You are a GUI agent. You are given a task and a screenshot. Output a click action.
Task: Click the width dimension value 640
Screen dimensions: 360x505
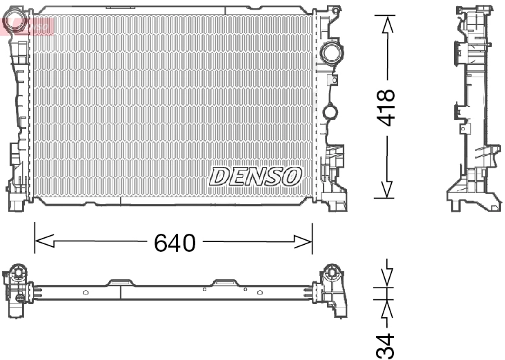pyautogui.click(x=175, y=242)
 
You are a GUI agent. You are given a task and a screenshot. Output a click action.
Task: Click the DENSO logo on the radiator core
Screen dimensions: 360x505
pyautogui.click(x=255, y=176)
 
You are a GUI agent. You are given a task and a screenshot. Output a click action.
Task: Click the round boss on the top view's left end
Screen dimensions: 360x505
pyautogui.click(x=19, y=272)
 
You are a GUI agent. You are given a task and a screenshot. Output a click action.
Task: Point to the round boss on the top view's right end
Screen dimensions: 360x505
pyautogui.click(x=332, y=271)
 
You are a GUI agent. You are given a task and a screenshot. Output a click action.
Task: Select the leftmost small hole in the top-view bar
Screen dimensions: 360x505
pyautogui.click(x=86, y=292)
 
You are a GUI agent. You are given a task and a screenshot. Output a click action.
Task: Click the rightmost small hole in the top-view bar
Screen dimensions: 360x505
pyautogui.click(x=259, y=292)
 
